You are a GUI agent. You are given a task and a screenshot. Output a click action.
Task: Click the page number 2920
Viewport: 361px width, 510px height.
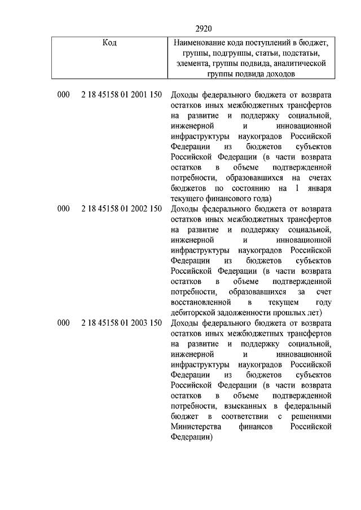204,28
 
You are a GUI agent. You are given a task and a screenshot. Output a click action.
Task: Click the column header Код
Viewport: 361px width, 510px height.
109,43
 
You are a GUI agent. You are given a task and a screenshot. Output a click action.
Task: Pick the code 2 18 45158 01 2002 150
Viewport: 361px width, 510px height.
121,209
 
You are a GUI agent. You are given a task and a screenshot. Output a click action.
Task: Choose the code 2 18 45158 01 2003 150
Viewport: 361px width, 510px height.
121,323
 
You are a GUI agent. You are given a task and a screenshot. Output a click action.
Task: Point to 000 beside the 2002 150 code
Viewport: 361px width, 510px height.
63,209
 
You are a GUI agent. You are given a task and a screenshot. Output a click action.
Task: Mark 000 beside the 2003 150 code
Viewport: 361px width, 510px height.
63,323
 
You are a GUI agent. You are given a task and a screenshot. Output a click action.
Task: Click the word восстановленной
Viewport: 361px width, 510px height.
201,302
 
